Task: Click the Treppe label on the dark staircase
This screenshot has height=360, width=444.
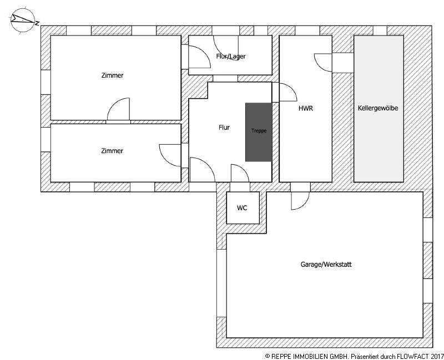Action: pyautogui.click(x=259, y=131)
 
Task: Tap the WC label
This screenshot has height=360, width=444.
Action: pyautogui.click(x=242, y=208)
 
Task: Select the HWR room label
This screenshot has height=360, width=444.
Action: pyautogui.click(x=305, y=109)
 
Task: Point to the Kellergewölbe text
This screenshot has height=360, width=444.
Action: pyautogui.click(x=378, y=109)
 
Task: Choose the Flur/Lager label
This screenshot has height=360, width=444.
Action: pyautogui.click(x=231, y=56)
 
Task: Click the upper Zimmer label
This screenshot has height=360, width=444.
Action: pyautogui.click(x=112, y=75)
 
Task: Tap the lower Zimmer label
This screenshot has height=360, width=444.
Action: pyautogui.click(x=112, y=151)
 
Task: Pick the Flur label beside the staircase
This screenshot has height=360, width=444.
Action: pyautogui.click(x=224, y=128)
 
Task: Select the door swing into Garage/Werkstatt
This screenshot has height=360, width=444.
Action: pyautogui.click(x=300, y=201)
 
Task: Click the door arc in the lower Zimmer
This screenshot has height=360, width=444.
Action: pyautogui.click(x=171, y=155)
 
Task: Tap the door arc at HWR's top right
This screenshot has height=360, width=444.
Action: pyautogui.click(x=323, y=62)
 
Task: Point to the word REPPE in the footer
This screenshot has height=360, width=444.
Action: pyautogui.click(x=282, y=354)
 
